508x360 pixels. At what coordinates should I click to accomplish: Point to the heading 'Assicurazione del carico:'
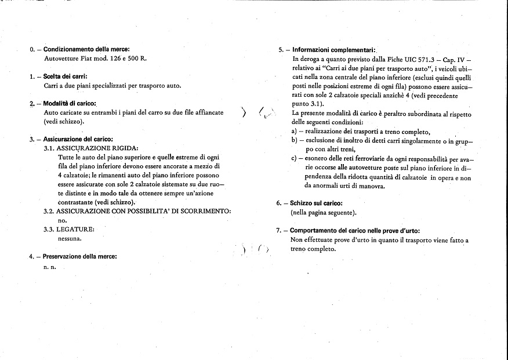(x=78, y=139)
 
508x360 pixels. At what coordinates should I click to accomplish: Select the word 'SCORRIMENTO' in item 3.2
(x=205, y=211)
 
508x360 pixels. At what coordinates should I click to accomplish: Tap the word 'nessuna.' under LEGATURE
(x=70, y=238)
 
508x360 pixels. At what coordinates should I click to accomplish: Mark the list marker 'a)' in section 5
(x=294, y=132)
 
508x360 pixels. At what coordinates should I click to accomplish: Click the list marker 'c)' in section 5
(x=294, y=158)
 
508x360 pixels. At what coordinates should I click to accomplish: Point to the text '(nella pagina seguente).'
(x=322, y=213)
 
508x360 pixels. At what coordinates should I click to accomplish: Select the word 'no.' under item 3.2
(x=63, y=220)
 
